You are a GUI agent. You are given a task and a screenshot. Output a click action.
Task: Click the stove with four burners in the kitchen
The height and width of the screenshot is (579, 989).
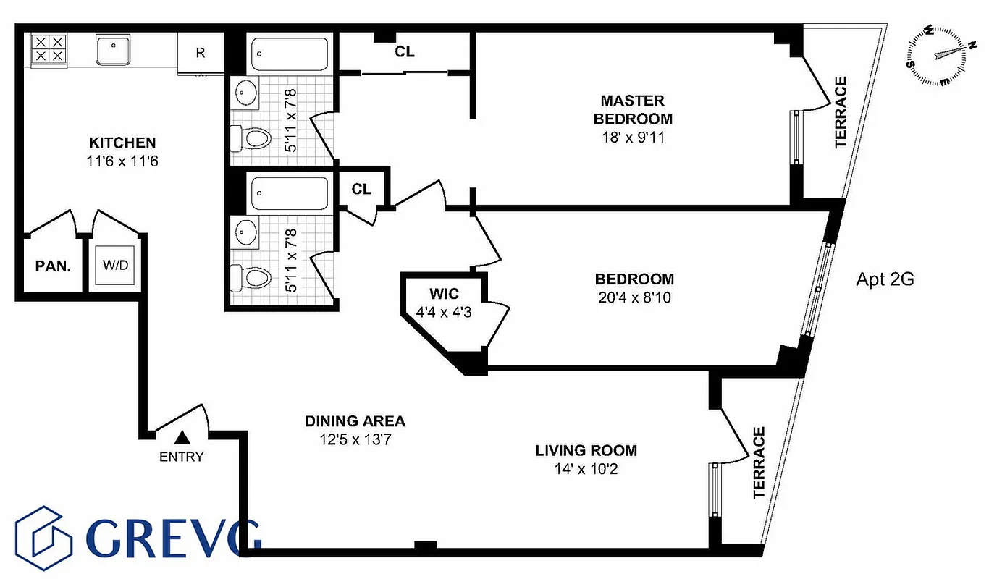point(48,49)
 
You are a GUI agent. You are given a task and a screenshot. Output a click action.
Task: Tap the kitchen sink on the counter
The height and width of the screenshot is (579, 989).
point(113,48)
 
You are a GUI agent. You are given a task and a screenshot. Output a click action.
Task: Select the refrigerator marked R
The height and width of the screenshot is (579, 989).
point(201,52)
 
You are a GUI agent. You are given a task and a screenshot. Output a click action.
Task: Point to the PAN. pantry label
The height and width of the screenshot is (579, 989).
point(53,266)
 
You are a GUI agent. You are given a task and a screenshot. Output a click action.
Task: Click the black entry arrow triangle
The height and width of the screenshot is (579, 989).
point(182,437)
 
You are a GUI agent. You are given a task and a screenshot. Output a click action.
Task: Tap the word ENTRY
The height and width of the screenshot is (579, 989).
point(182,457)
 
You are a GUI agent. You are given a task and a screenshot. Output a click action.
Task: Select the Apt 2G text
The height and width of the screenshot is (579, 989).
point(885,279)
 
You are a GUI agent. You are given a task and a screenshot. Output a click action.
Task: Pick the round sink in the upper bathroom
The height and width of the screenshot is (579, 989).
point(247,92)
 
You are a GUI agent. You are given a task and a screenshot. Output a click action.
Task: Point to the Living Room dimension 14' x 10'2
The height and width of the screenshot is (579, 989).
point(586,469)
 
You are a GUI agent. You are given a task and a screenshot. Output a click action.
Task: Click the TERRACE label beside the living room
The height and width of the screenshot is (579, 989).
point(759,463)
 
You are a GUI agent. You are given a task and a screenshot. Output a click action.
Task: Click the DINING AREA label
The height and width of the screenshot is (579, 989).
point(354,421)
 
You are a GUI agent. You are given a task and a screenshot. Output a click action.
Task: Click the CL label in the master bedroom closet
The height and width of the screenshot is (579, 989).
point(405,52)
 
